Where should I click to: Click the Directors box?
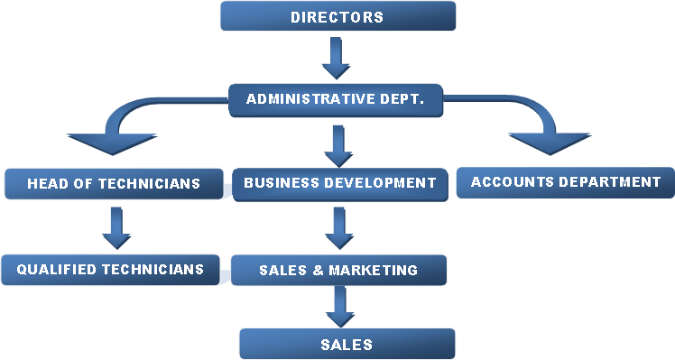(337, 16)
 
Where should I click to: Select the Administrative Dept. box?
(336, 100)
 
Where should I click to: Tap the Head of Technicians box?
(114, 184)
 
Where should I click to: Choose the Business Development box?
(340, 184)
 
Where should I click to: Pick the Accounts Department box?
(566, 182)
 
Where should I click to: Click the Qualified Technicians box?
(110, 270)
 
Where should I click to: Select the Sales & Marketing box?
(338, 270)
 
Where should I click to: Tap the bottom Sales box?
(347, 344)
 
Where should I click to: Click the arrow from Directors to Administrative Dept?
(337, 58)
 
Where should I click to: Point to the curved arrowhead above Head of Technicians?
(113, 143)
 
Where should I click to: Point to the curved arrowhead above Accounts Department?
(550, 143)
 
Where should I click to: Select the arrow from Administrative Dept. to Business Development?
(338, 146)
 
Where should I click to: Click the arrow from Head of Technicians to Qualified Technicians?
(116, 228)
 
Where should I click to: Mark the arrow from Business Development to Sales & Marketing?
(339, 228)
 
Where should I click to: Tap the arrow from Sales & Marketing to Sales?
(340, 307)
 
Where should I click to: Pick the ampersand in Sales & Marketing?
(319, 270)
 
